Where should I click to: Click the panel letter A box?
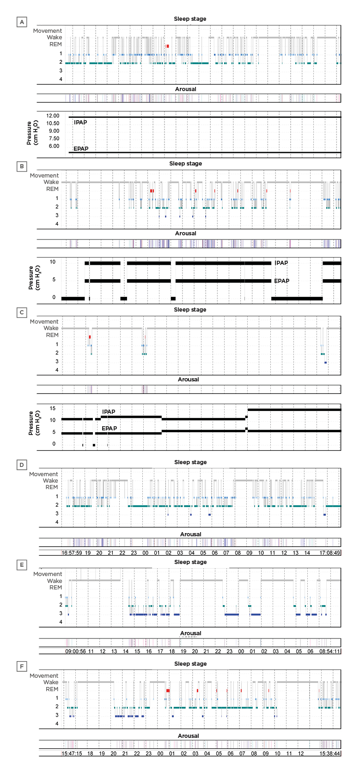(x=21, y=22)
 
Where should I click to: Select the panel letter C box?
(x=21, y=313)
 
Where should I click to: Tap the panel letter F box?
(x=21, y=667)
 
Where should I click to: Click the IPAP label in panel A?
(x=80, y=123)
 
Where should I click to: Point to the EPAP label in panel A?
(x=81, y=149)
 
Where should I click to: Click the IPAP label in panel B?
(x=281, y=263)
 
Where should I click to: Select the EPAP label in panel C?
(x=109, y=429)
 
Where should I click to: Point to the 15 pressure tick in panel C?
(x=53, y=408)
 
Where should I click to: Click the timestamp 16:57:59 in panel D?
(x=72, y=552)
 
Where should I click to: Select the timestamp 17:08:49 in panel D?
(x=329, y=552)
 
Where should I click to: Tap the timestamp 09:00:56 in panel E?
(x=75, y=651)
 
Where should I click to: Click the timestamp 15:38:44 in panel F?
(x=329, y=753)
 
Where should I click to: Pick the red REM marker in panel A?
(x=167, y=46)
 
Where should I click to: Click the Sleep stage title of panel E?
(x=190, y=562)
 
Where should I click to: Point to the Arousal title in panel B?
(x=185, y=233)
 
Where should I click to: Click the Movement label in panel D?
(x=43, y=474)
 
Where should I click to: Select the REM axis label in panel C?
(x=52, y=335)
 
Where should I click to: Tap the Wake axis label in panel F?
(x=51, y=682)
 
